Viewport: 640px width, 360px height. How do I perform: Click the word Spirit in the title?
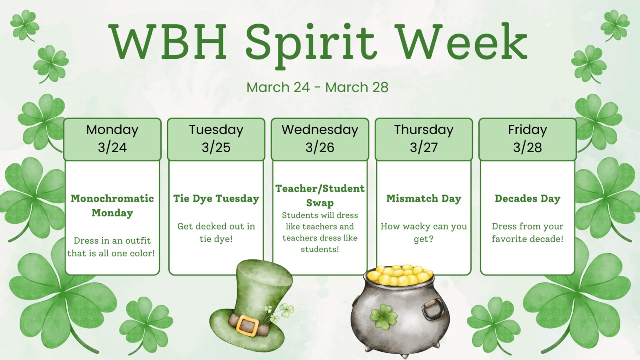(x=310, y=42)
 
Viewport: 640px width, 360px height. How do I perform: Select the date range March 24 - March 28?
(x=317, y=87)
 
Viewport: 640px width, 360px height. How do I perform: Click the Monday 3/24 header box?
(x=112, y=139)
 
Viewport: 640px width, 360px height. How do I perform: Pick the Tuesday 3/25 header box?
(x=216, y=139)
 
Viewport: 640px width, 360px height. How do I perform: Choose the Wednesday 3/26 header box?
(x=320, y=139)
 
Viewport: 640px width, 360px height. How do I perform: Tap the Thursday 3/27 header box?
(x=423, y=139)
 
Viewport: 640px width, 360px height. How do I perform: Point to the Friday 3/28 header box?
(x=527, y=139)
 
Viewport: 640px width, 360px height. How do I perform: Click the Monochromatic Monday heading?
(x=112, y=205)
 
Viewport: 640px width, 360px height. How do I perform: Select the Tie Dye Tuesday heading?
(x=216, y=198)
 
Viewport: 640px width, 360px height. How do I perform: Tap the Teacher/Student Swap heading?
(x=320, y=195)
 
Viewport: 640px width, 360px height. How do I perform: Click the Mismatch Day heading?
(x=423, y=198)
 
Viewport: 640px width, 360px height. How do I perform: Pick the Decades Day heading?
(x=527, y=198)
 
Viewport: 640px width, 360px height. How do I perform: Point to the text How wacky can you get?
(x=423, y=232)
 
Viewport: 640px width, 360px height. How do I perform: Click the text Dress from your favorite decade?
(x=527, y=232)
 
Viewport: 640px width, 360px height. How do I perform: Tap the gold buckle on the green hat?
(x=247, y=325)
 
